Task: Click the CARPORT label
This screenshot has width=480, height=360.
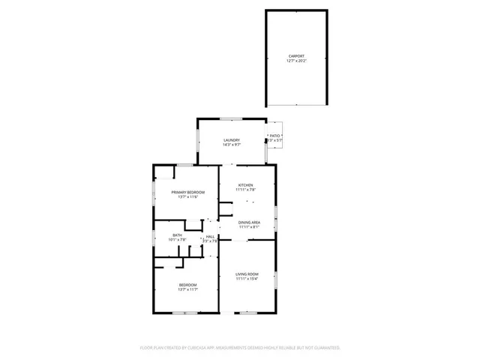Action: (297, 56)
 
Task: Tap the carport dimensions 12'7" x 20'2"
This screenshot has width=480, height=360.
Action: (297, 61)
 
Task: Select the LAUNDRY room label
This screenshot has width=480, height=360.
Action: (231, 140)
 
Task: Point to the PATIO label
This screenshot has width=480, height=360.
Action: (275, 136)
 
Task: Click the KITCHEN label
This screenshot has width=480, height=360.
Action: (245, 185)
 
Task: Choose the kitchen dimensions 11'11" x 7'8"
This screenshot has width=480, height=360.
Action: (245, 190)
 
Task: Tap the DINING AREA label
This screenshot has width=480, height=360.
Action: (249, 223)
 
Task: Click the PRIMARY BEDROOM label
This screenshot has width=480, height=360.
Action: (187, 192)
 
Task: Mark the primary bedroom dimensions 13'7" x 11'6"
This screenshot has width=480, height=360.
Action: (187, 196)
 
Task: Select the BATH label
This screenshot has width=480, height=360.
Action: (177, 235)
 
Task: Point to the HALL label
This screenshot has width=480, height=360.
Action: (210, 236)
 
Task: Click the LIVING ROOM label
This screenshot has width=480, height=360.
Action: (247, 274)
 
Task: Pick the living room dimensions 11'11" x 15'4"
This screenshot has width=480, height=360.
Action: (247, 279)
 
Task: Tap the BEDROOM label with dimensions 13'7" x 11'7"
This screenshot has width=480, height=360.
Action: (187, 285)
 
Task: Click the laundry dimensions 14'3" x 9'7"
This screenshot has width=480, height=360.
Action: (231, 145)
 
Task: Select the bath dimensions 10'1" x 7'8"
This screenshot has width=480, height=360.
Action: (177, 240)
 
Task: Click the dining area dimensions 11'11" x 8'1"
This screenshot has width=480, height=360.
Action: (249, 227)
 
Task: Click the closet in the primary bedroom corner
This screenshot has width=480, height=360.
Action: (164, 172)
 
